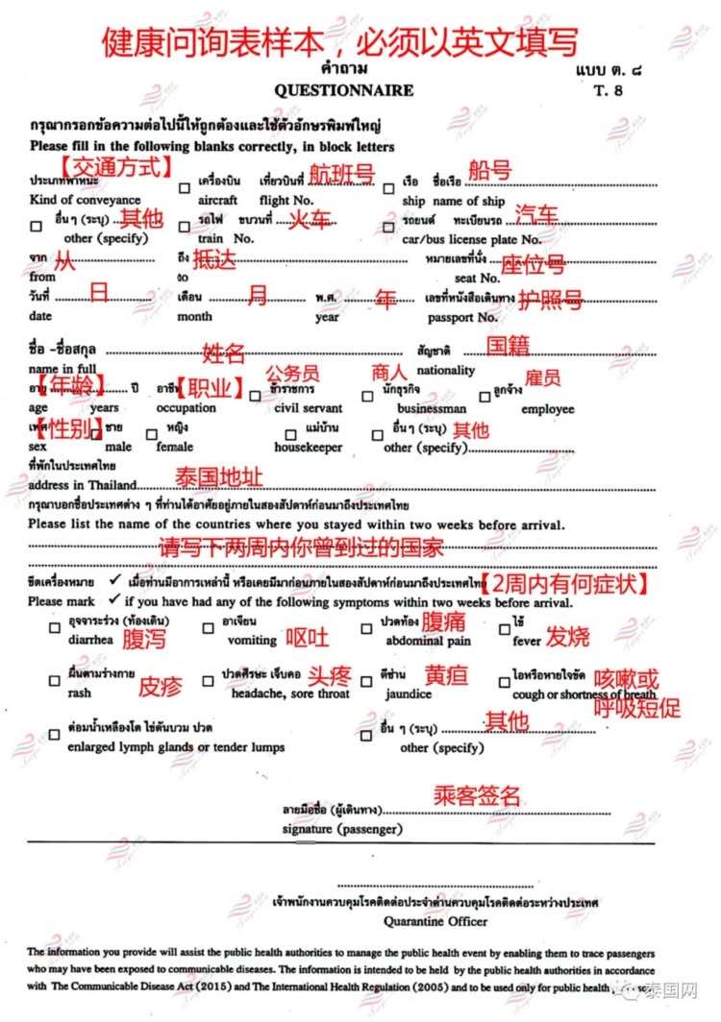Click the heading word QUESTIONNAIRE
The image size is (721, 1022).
(x=343, y=90)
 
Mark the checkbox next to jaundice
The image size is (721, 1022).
(x=366, y=681)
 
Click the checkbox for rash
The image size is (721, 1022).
(x=54, y=681)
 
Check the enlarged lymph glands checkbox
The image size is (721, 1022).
(x=54, y=735)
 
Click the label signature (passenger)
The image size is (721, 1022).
(x=342, y=828)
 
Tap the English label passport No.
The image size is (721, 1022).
(x=462, y=317)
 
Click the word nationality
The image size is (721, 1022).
(x=446, y=370)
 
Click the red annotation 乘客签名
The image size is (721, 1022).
(x=477, y=795)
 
